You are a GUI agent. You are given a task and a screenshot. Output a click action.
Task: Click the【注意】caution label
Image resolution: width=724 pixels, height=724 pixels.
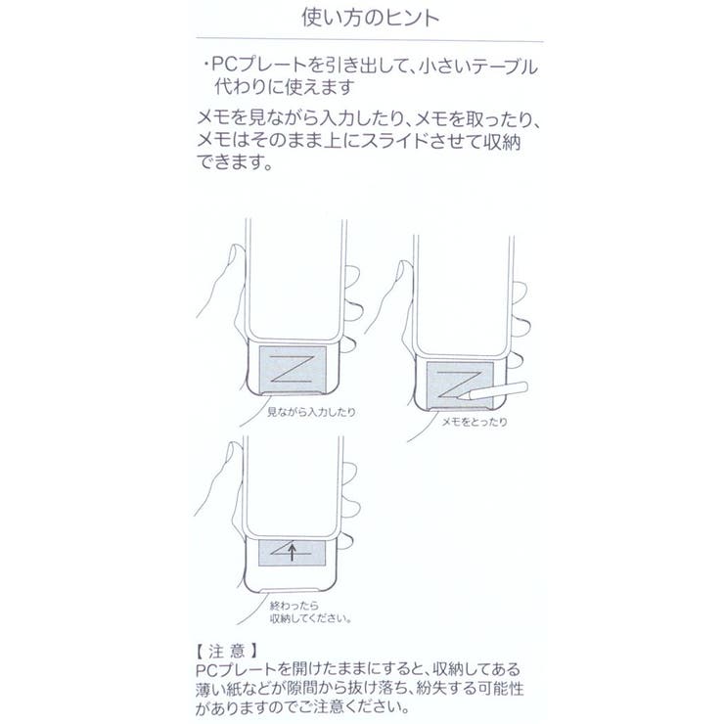click(228, 648)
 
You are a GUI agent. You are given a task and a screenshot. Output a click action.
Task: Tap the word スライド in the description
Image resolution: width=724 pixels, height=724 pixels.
click(424, 141)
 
